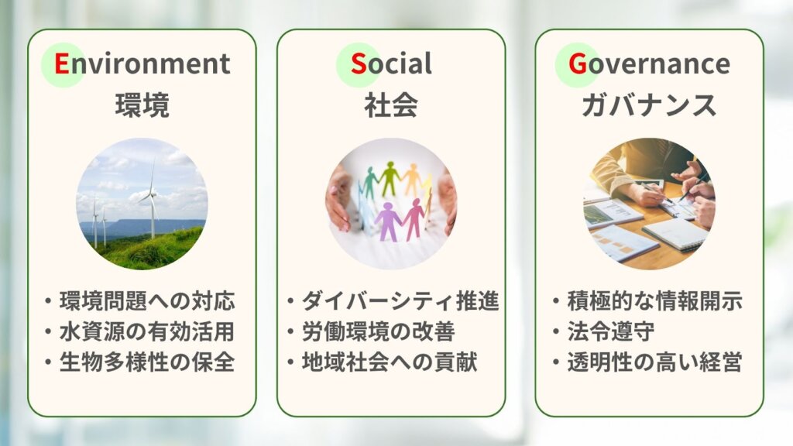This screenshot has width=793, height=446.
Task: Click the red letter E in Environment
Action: pyautogui.click(x=62, y=63)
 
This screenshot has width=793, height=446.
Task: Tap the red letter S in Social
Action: pyautogui.click(x=358, y=63)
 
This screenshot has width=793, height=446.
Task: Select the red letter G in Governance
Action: pyautogui.click(x=578, y=63)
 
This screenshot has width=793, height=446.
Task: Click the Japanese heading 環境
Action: pyautogui.click(x=142, y=105)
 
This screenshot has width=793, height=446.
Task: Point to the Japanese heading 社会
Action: pyautogui.click(x=391, y=105)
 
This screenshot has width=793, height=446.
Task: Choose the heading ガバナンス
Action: pyautogui.click(x=649, y=105)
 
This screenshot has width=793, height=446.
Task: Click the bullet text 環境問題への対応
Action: pyautogui.click(x=147, y=301)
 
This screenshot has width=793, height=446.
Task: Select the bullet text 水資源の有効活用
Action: pyautogui.click(x=147, y=331)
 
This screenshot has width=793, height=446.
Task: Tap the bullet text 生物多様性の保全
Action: pyautogui.click(x=147, y=362)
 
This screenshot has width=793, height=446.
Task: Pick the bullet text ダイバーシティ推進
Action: pyautogui.click(x=400, y=301)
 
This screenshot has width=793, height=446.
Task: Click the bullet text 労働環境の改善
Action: pyautogui.click(x=378, y=331)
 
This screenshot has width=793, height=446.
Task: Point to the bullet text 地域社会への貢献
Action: pyautogui.click(x=390, y=362)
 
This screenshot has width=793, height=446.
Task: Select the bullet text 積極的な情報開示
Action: pyautogui.click(x=655, y=301)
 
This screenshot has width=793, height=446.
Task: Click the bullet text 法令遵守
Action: pyautogui.click(x=610, y=331)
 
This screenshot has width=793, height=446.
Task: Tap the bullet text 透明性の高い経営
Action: pyautogui.click(x=655, y=362)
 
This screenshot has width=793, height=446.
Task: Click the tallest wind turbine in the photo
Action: pyautogui.click(x=153, y=202)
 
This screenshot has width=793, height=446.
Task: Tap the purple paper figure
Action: pyautogui.click(x=388, y=221)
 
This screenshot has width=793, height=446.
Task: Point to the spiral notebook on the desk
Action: pyautogui.click(x=675, y=234)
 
